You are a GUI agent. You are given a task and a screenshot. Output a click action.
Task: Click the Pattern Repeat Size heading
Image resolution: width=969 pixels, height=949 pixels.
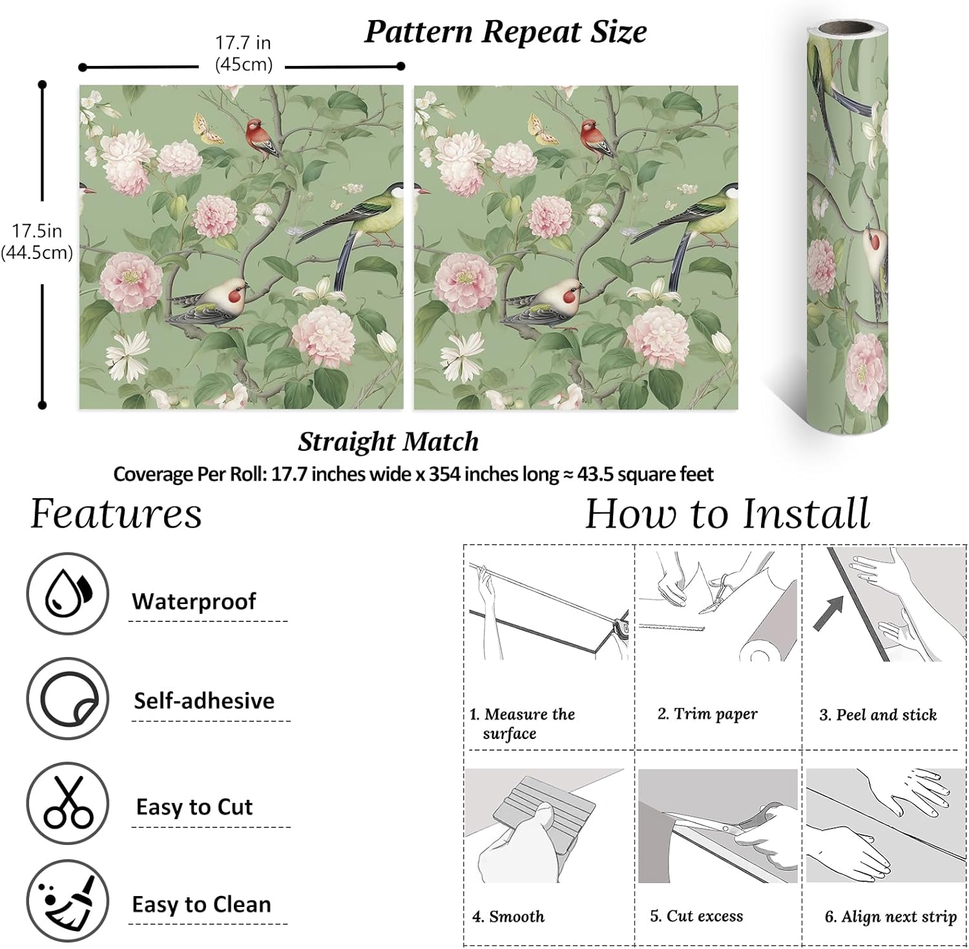(x=505, y=32)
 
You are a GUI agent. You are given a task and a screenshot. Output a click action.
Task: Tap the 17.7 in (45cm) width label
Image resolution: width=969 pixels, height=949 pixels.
(x=243, y=54)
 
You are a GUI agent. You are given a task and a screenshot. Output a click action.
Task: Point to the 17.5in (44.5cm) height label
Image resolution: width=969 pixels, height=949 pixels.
(x=37, y=242)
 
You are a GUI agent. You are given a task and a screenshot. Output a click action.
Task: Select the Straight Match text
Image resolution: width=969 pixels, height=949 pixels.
(x=388, y=442)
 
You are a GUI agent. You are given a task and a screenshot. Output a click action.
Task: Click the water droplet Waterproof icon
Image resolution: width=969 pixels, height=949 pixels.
(x=67, y=593)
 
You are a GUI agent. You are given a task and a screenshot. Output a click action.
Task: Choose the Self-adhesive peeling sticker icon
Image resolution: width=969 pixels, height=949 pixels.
(x=67, y=699)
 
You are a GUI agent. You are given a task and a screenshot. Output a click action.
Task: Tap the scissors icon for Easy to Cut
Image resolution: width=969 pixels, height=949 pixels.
(x=67, y=803)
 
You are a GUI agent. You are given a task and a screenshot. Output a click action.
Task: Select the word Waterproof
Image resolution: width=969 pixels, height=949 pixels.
(x=194, y=601)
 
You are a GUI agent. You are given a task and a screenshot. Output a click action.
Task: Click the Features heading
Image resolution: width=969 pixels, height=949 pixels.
(x=116, y=514)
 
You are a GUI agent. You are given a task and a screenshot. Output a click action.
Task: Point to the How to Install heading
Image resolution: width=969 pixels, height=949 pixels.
(x=727, y=514)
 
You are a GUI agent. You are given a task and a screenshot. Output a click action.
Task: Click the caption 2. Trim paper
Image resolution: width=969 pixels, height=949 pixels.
(x=707, y=714)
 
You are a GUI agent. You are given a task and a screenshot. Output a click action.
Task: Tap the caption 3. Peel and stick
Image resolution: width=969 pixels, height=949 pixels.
(x=878, y=714)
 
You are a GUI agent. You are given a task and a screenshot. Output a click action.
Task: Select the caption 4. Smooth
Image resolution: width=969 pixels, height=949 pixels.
(x=508, y=916)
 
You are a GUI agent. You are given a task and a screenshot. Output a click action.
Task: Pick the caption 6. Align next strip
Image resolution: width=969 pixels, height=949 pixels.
(x=890, y=917)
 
